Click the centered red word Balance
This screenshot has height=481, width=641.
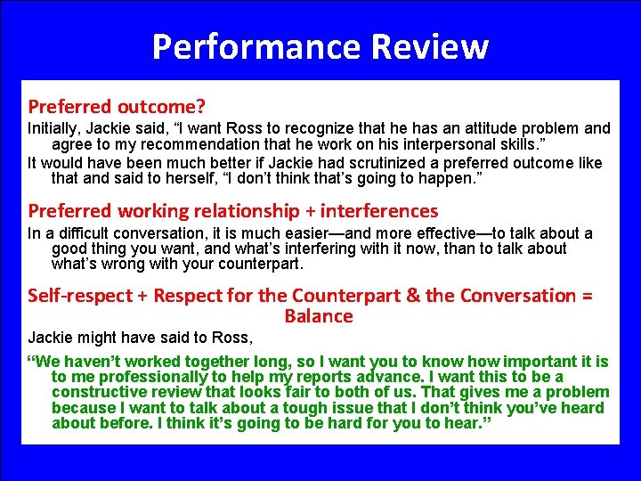319,316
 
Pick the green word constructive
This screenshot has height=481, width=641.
99,392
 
